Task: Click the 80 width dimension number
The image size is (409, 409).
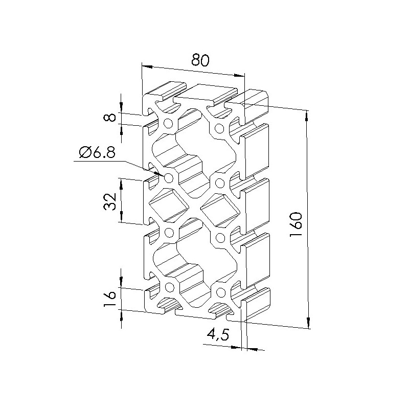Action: point(200,61)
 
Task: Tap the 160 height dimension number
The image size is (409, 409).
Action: point(296,224)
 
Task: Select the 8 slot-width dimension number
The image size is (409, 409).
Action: point(109,118)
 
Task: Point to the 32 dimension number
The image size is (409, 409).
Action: point(109,201)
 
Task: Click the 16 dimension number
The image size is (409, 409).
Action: point(109,298)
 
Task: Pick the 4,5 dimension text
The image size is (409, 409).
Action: point(218,334)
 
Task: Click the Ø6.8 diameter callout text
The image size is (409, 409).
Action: point(97,152)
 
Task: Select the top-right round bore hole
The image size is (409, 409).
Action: point(219,128)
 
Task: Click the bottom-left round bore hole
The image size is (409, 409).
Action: point(170,287)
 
